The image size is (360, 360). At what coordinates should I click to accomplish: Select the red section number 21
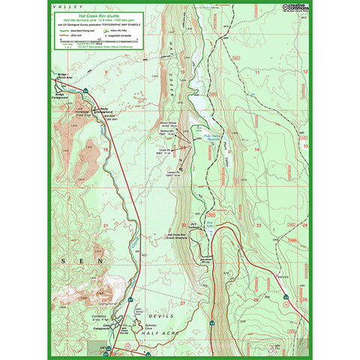point(106,223)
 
